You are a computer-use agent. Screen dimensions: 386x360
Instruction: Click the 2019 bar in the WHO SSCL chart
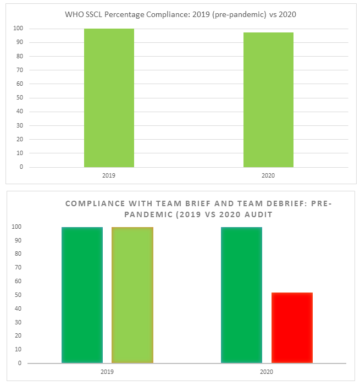pos(109,98)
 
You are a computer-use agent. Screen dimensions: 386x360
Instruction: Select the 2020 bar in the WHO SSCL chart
pos(268,100)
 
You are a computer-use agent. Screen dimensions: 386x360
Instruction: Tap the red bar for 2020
pos(292,328)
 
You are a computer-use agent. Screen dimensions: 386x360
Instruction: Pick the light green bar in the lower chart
pos(132,295)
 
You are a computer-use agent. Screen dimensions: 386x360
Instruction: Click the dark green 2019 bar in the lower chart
pos(82,295)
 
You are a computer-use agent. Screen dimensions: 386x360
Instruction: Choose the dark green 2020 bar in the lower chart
pos(241,295)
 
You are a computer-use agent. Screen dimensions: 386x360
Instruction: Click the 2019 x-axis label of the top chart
pos(109,175)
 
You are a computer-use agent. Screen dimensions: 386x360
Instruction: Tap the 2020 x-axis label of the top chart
pos(268,175)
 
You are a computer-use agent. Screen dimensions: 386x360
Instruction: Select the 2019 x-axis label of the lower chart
pos(108,372)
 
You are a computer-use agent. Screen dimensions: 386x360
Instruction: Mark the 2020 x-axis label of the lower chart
pos(267,372)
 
